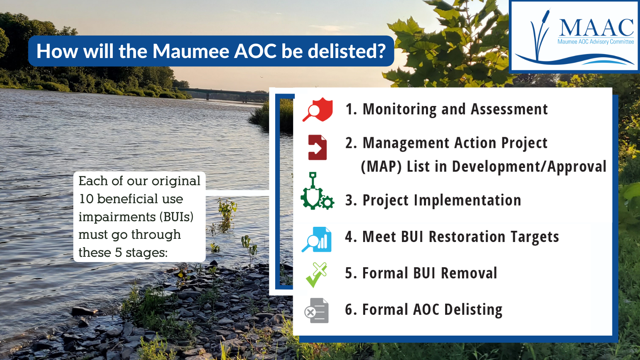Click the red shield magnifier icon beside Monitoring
pyautogui.click(x=318, y=110)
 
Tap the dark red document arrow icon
pyautogui.click(x=317, y=147)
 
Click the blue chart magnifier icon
pyautogui.click(x=317, y=239)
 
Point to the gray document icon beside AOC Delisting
pyautogui.click(x=317, y=310)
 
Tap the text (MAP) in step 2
pyautogui.click(x=381, y=166)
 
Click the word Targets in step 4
pyautogui.click(x=534, y=237)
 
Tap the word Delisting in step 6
pyautogui.click(x=473, y=310)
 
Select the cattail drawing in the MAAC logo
pyautogui.click(x=540, y=34)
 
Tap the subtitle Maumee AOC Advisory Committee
pyautogui.click(x=596, y=42)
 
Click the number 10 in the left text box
pyautogui.click(x=86, y=199)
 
